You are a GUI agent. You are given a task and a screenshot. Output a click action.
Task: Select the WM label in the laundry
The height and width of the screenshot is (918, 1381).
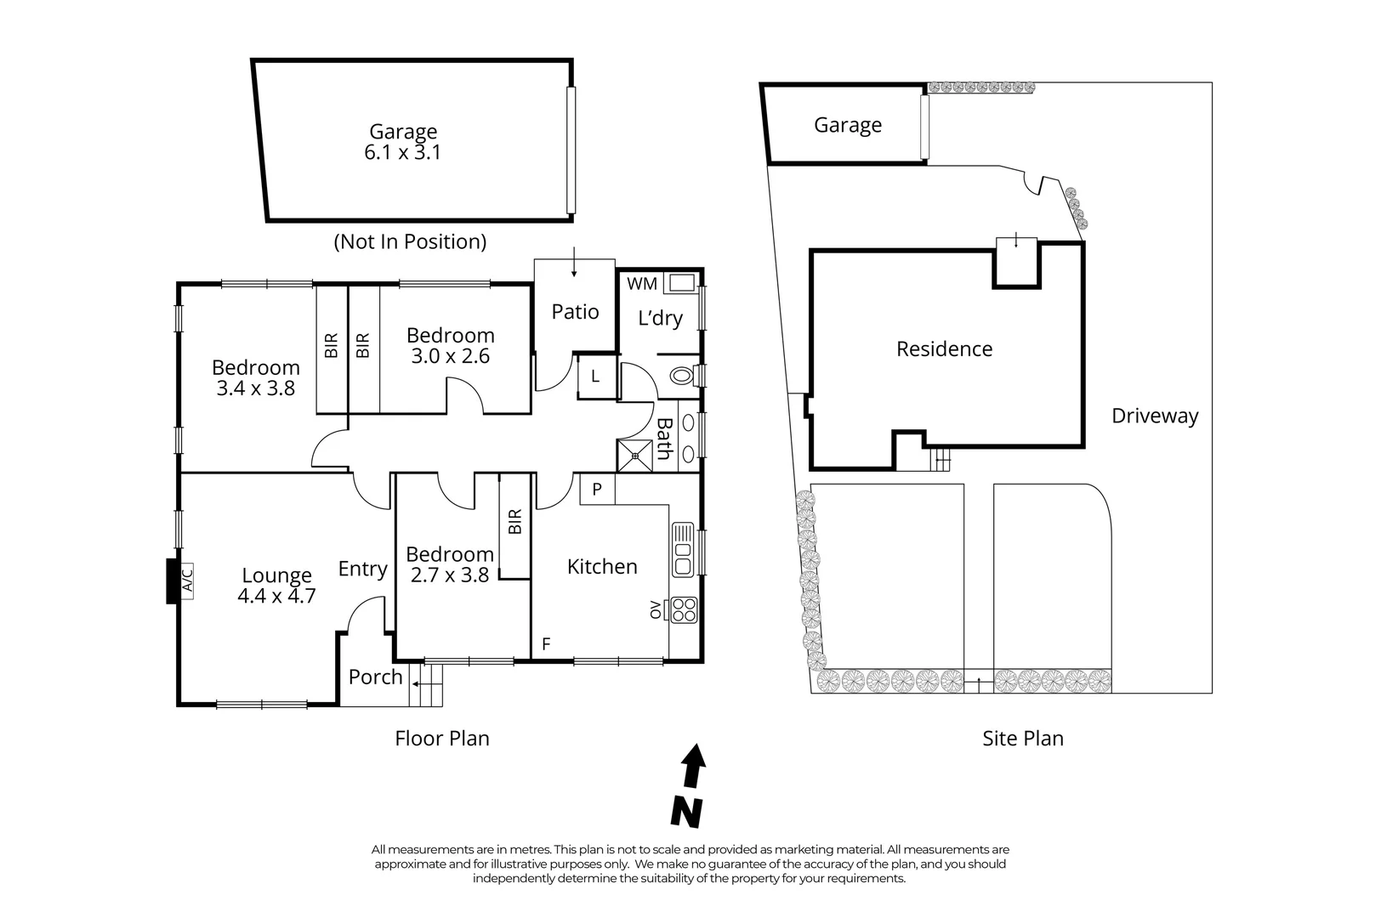click(x=642, y=284)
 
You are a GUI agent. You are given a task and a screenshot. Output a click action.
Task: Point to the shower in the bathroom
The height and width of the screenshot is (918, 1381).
click(x=634, y=456)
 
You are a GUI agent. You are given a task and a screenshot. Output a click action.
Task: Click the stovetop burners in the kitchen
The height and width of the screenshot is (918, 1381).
click(x=685, y=609)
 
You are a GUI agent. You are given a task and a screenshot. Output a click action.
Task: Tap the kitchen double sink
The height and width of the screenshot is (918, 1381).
click(x=683, y=550)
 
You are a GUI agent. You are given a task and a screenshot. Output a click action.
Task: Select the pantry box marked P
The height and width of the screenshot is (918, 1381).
click(x=597, y=490)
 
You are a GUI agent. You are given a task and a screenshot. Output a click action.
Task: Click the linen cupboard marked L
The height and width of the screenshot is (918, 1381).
click(x=595, y=376)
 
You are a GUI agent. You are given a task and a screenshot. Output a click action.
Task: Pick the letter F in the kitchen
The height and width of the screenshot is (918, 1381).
click(x=546, y=644)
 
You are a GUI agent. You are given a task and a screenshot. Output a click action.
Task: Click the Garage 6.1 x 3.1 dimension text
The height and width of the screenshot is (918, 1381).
click(x=403, y=153)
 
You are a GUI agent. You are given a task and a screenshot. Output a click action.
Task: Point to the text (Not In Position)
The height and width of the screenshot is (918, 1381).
click(x=411, y=241)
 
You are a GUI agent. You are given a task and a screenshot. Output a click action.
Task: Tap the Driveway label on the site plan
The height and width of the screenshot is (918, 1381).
click(x=1155, y=416)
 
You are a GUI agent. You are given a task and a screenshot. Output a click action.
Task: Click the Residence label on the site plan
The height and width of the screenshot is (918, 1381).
click(x=944, y=348)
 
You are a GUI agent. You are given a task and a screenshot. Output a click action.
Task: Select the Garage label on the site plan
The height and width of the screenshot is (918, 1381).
click(x=847, y=125)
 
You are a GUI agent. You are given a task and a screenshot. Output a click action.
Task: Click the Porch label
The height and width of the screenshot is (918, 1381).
click(x=375, y=677)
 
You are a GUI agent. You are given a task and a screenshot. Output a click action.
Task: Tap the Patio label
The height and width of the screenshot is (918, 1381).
click(x=575, y=312)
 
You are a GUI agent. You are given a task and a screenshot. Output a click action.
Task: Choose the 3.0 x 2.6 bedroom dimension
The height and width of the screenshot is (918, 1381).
click(x=450, y=356)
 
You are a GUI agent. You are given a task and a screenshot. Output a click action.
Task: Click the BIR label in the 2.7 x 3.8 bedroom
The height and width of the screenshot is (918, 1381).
click(x=514, y=522)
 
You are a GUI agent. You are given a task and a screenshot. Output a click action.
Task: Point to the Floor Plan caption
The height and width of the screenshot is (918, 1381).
click(x=442, y=738)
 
